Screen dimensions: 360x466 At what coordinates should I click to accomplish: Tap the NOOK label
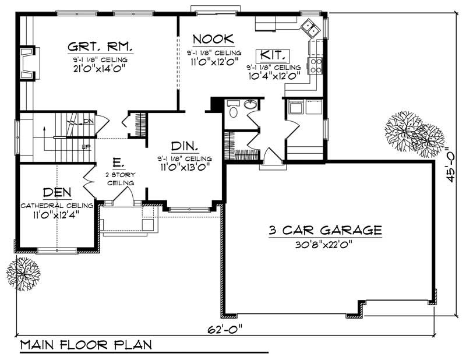click(213, 39)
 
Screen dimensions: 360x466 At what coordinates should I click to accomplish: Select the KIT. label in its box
click(272, 55)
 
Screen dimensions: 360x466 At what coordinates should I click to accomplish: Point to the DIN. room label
click(183, 146)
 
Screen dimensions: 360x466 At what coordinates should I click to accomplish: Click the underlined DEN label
click(57, 193)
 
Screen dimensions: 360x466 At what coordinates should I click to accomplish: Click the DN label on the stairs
click(87, 121)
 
